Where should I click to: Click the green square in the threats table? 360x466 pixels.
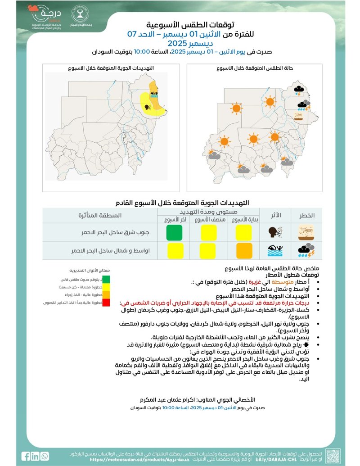click(x=174, y=233)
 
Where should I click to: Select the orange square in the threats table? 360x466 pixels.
click(x=244, y=250)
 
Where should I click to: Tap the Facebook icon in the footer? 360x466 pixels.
click(x=26, y=456)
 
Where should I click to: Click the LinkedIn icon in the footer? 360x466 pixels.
click(x=35, y=456)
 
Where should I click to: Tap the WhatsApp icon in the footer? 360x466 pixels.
click(x=44, y=456)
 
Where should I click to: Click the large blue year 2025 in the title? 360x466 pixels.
click(x=180, y=44)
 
